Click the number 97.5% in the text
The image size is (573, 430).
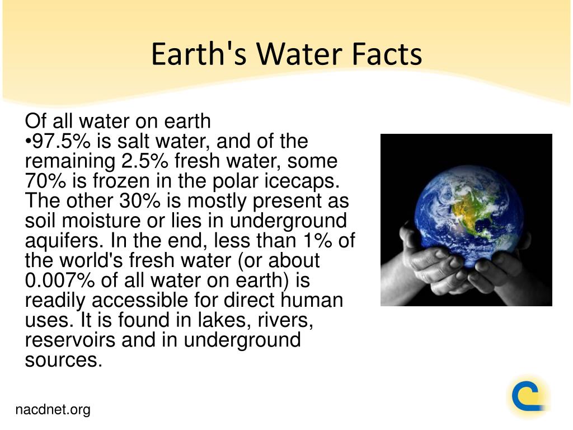pos(62,141)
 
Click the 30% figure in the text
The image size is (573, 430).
pos(140,200)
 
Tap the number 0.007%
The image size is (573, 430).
pos(60,280)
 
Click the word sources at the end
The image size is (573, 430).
pos(64,360)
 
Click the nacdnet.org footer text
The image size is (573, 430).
pos(53,410)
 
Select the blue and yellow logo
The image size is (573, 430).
pos(529,396)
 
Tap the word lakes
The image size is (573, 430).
pos(224,320)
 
